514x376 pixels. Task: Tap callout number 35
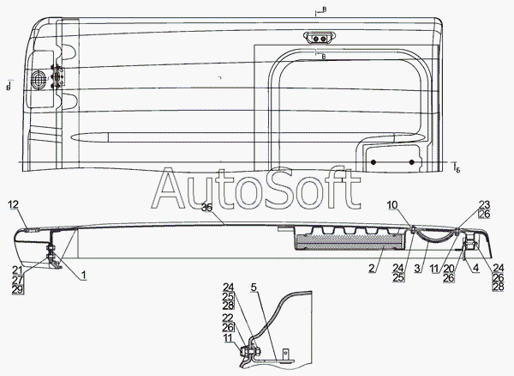pyautogui.click(x=206, y=207)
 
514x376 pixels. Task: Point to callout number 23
pyautogui.click(x=484, y=204)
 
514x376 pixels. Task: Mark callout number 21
pyautogui.click(x=17, y=271)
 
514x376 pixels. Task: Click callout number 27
pyautogui.click(x=17, y=281)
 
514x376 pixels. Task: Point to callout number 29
pyautogui.click(x=17, y=290)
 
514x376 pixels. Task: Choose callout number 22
pyautogui.click(x=229, y=318)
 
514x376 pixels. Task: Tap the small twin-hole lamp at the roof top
pyautogui.click(x=318, y=38)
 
